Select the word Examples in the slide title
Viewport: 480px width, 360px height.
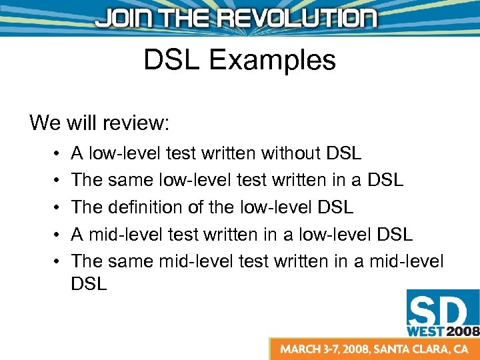coord(272,61)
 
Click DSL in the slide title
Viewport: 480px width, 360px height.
coord(173,61)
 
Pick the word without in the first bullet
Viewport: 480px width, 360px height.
coord(291,154)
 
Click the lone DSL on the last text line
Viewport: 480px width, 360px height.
coord(89,283)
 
